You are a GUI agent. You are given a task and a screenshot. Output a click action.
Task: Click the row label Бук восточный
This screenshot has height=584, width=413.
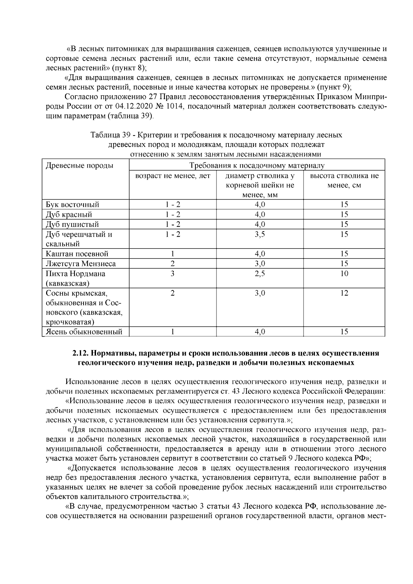73,204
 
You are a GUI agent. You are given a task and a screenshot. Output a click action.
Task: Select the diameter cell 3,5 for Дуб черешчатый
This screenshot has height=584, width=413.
260,234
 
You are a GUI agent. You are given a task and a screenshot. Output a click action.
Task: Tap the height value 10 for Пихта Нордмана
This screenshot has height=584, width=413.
344,274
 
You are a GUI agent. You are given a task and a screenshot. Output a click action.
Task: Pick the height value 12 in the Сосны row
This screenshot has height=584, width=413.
344,293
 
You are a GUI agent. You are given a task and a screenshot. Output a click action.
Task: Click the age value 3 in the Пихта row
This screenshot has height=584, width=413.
172,274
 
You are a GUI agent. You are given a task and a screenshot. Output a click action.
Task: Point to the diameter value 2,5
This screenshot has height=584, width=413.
260,274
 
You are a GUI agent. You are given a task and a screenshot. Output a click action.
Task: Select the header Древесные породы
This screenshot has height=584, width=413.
80,166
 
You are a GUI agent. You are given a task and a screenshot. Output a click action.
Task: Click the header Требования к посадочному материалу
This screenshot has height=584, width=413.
257,166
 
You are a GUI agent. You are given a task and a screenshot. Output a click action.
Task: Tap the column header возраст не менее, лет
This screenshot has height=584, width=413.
172,176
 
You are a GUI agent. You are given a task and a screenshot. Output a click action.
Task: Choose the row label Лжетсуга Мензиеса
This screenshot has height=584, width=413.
81,264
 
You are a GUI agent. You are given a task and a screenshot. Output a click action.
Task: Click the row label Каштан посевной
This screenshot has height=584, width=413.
77,254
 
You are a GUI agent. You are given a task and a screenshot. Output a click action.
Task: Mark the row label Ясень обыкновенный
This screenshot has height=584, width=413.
84,332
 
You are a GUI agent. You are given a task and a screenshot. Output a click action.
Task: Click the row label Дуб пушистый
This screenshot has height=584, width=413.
73,224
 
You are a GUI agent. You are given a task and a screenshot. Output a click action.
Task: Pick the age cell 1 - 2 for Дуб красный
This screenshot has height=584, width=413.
172,214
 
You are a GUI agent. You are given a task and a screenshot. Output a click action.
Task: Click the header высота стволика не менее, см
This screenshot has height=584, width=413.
344,181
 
